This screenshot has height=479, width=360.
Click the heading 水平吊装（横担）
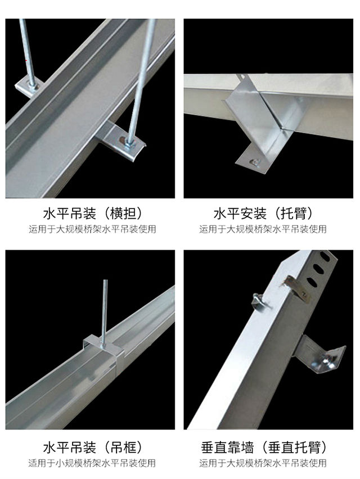coord(93,213)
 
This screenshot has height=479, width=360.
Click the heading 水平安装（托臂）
coord(263,213)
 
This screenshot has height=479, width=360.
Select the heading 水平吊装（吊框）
coord(93,448)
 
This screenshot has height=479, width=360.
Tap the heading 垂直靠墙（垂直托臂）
coord(264,448)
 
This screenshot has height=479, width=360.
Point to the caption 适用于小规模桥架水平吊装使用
coord(92,463)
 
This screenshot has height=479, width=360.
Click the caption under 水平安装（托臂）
coord(263,229)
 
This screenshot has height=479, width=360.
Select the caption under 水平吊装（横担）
coord(92,229)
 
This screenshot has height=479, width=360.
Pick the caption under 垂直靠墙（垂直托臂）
coord(263,463)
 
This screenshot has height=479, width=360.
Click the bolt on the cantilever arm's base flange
coord(255,162)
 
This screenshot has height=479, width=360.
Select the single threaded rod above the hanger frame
coord(105,311)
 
